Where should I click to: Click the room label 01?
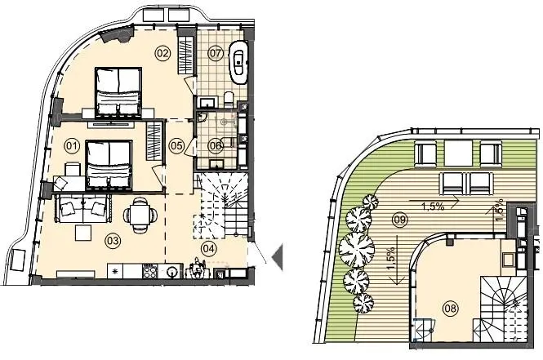pos(72,146)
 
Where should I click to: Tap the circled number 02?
pos(162,53)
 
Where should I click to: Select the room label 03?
pos(113,241)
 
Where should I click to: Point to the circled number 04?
pos(210,248)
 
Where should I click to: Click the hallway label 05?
pos(176,146)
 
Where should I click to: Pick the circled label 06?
pos(215,146)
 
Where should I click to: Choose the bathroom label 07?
pos(215,53)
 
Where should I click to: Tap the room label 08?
pos(451,308)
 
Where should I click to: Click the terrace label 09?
pos(400,220)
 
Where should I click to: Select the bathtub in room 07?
pos(238,63)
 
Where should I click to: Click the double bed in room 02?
pos(118,91)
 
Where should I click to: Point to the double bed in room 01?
pos(109,164)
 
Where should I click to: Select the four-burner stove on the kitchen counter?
pos(150,271)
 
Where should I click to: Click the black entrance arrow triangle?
pos(278,257)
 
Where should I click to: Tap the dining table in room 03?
pos(140,216)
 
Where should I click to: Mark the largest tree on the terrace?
pos(357,249)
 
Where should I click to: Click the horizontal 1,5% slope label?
pos(433,207)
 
